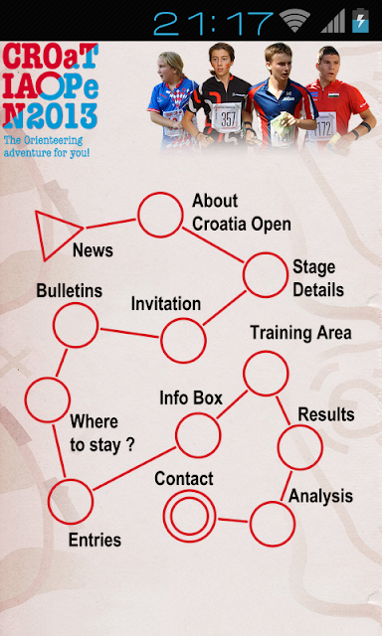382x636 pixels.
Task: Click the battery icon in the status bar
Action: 360,21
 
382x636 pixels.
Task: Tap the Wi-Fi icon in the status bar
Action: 294,21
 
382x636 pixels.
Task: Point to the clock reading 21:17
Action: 214,23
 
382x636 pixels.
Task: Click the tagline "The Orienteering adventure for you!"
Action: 47,147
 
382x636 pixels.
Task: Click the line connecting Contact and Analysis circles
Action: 233,520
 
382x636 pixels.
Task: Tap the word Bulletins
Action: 70,290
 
